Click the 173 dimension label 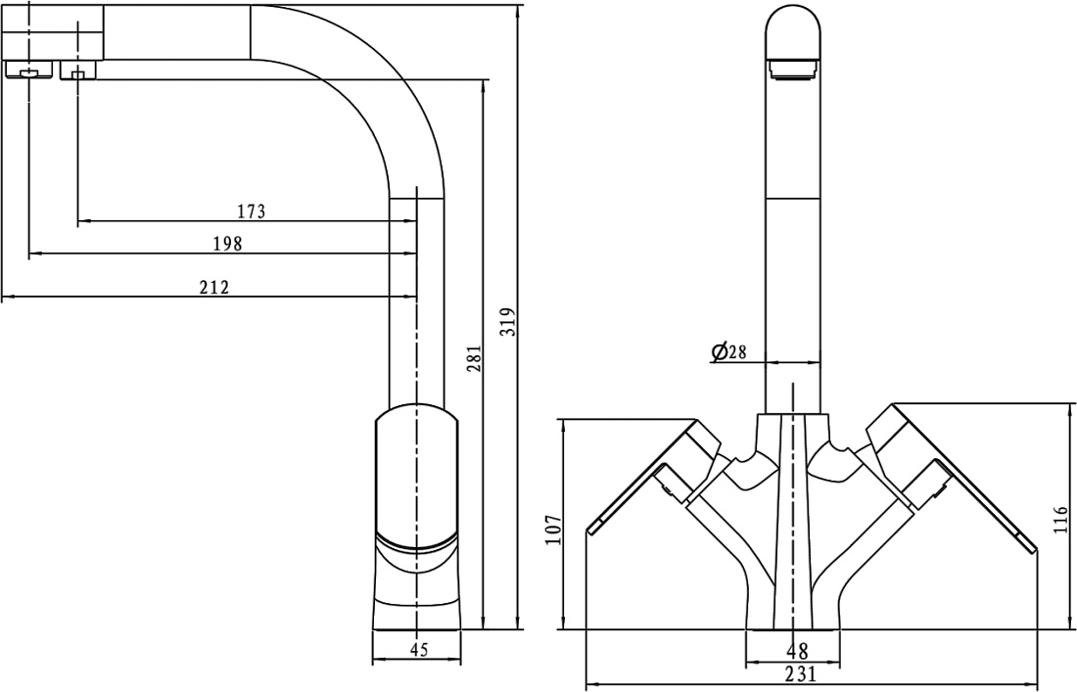[x=252, y=211]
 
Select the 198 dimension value [x=228, y=244]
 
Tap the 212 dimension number [x=214, y=287]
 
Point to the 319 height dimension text [x=507, y=321]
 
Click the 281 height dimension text [x=474, y=358]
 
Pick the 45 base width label [x=418, y=649]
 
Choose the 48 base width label [x=797, y=650]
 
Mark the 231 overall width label [x=800, y=673]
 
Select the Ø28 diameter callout [x=728, y=352]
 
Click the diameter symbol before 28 [x=720, y=352]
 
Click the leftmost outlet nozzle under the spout [x=28, y=70]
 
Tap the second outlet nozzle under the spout [x=78, y=70]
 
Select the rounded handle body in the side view [x=416, y=475]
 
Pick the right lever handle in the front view [x=952, y=475]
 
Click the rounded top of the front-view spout [x=793, y=28]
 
